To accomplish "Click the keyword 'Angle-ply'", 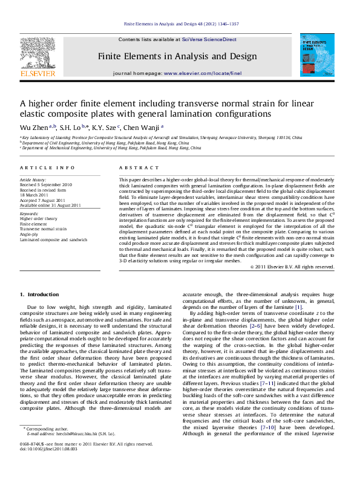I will [30, 233].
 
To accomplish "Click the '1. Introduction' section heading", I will [39, 294].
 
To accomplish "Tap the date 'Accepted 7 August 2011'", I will [45, 199].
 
